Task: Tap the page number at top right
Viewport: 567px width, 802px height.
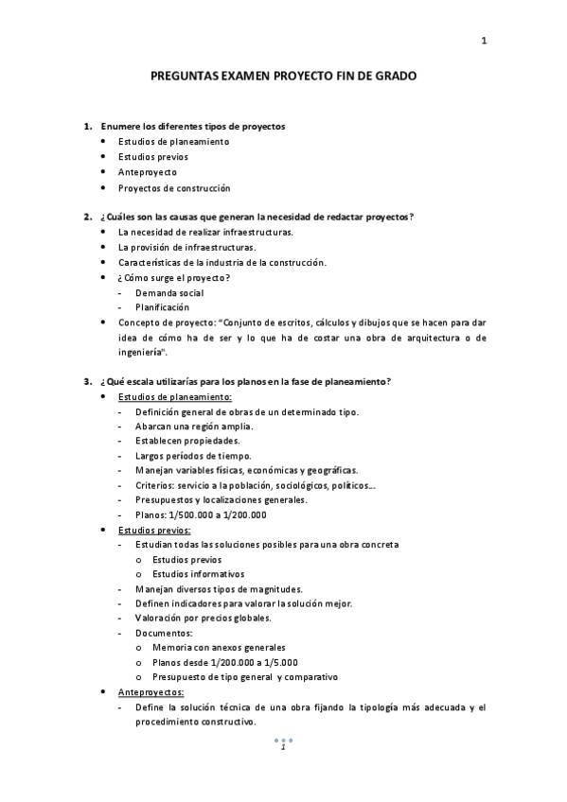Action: [484, 40]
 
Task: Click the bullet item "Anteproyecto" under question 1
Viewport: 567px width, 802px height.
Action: [147, 172]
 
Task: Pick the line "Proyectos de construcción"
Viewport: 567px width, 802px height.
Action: [173, 188]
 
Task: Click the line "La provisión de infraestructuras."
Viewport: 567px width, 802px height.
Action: [181, 247]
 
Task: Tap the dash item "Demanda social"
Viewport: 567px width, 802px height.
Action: [169, 292]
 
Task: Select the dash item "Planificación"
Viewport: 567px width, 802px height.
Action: [162, 307]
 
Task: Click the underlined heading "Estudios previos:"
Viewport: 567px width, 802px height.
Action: [154, 530]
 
